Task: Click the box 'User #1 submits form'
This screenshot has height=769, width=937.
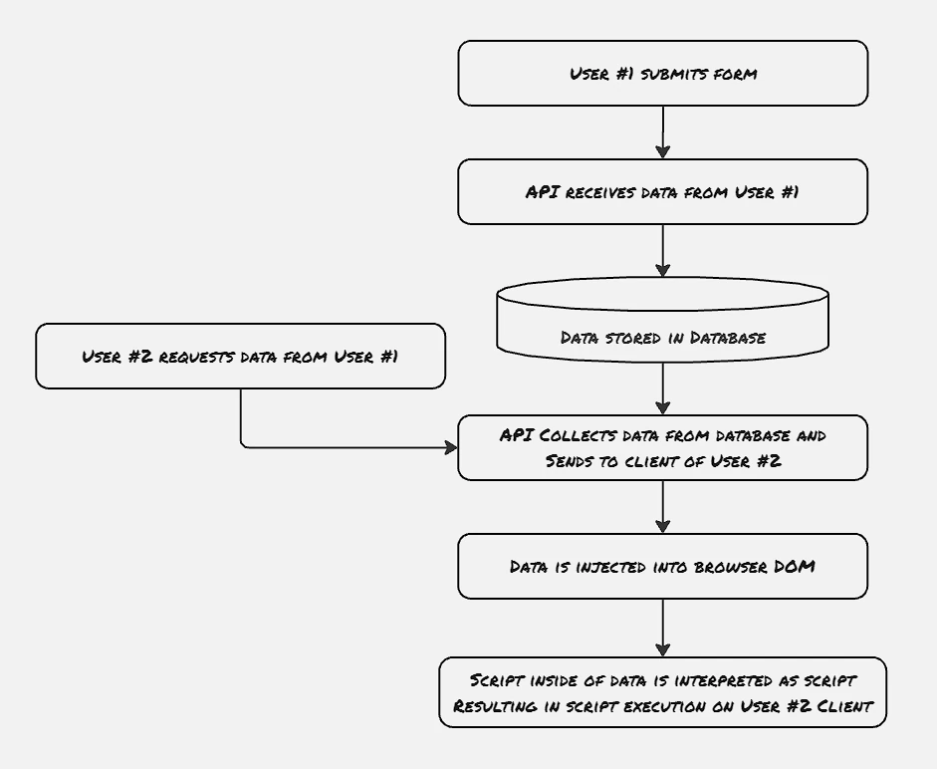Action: [663, 74]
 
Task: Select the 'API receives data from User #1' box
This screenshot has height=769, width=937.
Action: [663, 192]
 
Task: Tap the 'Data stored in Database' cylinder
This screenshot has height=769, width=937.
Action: [663, 320]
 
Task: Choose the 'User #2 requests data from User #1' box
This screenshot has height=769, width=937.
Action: [240, 357]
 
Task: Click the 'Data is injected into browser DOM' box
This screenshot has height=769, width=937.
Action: [663, 566]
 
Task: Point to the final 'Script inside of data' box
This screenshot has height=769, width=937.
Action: [663, 692]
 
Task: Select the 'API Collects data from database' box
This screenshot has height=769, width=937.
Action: [663, 448]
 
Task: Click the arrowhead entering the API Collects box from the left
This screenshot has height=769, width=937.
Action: [451, 447]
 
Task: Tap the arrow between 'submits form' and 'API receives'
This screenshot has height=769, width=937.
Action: [663, 132]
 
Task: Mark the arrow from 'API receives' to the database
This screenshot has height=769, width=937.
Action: [663, 251]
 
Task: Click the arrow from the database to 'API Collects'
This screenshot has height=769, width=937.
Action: [663, 388]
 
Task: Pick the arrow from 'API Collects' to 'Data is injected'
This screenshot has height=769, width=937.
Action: [663, 506]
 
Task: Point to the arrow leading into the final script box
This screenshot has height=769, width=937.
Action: [663, 628]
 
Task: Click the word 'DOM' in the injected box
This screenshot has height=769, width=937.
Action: [795, 566]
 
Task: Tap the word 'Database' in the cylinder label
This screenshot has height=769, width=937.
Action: [727, 338]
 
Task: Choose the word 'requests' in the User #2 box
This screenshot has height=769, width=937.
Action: [196, 357]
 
